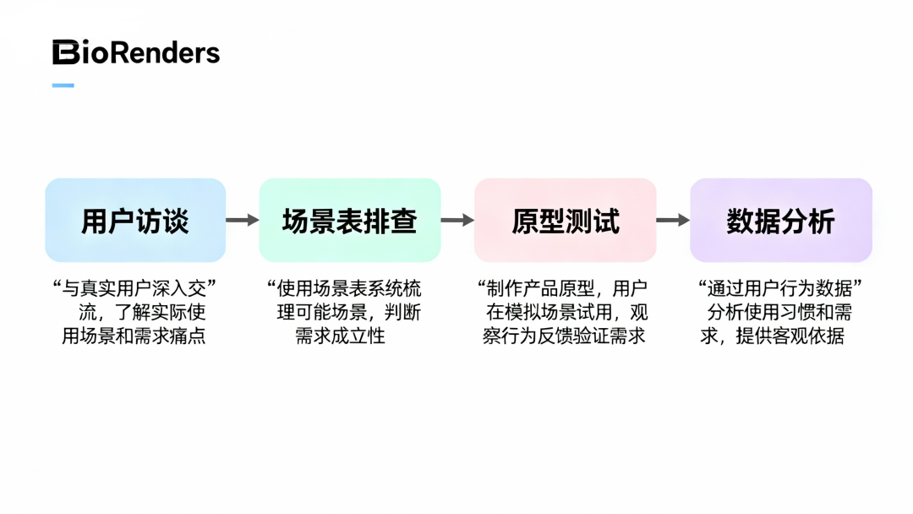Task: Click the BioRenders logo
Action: pyautogui.click(x=136, y=53)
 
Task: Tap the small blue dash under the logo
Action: pyautogui.click(x=63, y=85)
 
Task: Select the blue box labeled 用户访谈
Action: pyautogui.click(x=135, y=221)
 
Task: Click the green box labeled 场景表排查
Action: pyautogui.click(x=349, y=221)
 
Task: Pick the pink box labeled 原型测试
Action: pyautogui.click(x=565, y=221)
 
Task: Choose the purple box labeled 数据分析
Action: pyautogui.click(x=780, y=221)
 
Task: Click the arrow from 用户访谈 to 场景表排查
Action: pyautogui.click(x=242, y=221)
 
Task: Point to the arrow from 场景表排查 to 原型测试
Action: pyautogui.click(x=457, y=221)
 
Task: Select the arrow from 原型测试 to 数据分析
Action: pyautogui.click(x=673, y=221)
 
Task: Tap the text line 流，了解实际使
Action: pyautogui.click(x=142, y=313)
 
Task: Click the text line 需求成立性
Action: pyautogui.click(x=340, y=336)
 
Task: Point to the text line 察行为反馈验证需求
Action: pyautogui.click(x=564, y=336)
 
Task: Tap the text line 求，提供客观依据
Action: pyautogui.click(x=772, y=336)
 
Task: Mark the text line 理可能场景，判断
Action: pyautogui.click(x=349, y=313)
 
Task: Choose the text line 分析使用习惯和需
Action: pyautogui.click(x=779, y=313)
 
